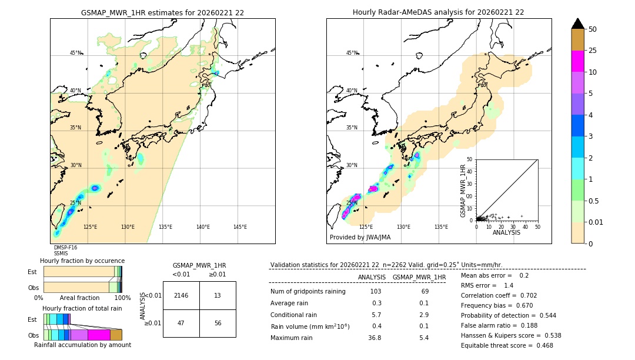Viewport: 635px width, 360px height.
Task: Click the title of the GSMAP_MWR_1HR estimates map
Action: pyautogui.click(x=162, y=12)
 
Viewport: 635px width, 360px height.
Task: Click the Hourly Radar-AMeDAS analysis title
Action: pyautogui.click(x=438, y=12)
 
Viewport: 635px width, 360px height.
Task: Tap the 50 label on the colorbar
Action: pyautogui.click(x=593, y=29)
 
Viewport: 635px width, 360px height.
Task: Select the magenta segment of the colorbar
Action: pyautogui.click(x=577, y=61)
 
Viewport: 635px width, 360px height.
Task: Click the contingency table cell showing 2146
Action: pyautogui.click(x=181, y=295)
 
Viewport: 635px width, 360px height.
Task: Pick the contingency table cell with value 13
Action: pyautogui.click(x=218, y=295)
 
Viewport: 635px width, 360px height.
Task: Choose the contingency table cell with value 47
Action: pyautogui.click(x=181, y=323)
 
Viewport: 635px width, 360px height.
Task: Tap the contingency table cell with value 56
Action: pyautogui.click(x=218, y=323)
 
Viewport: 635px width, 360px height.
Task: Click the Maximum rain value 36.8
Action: pyautogui.click(x=375, y=338)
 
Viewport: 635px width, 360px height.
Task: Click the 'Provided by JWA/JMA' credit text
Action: pyautogui.click(x=360, y=238)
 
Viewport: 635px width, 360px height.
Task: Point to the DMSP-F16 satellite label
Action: pyautogui.click(x=65, y=248)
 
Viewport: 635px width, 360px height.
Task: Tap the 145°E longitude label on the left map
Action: pyautogui.click(x=240, y=227)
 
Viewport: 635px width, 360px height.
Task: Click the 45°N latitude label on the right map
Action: pyautogui.click(x=352, y=53)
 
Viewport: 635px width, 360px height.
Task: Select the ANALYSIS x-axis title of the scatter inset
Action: pyautogui.click(x=506, y=232)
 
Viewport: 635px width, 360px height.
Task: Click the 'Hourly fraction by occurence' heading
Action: pyautogui.click(x=82, y=261)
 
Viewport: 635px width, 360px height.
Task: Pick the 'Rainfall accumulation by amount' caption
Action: pyautogui.click(x=82, y=345)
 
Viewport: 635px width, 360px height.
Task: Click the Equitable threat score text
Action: pyautogui.click(x=506, y=345)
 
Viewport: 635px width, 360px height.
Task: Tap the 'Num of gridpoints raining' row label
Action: pyautogui.click(x=308, y=292)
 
